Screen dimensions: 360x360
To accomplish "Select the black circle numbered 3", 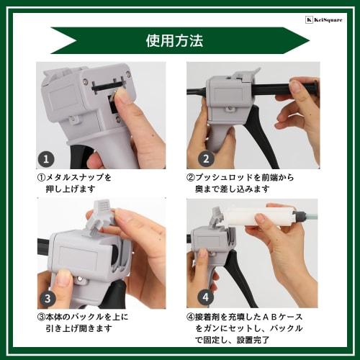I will pos(48,297).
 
